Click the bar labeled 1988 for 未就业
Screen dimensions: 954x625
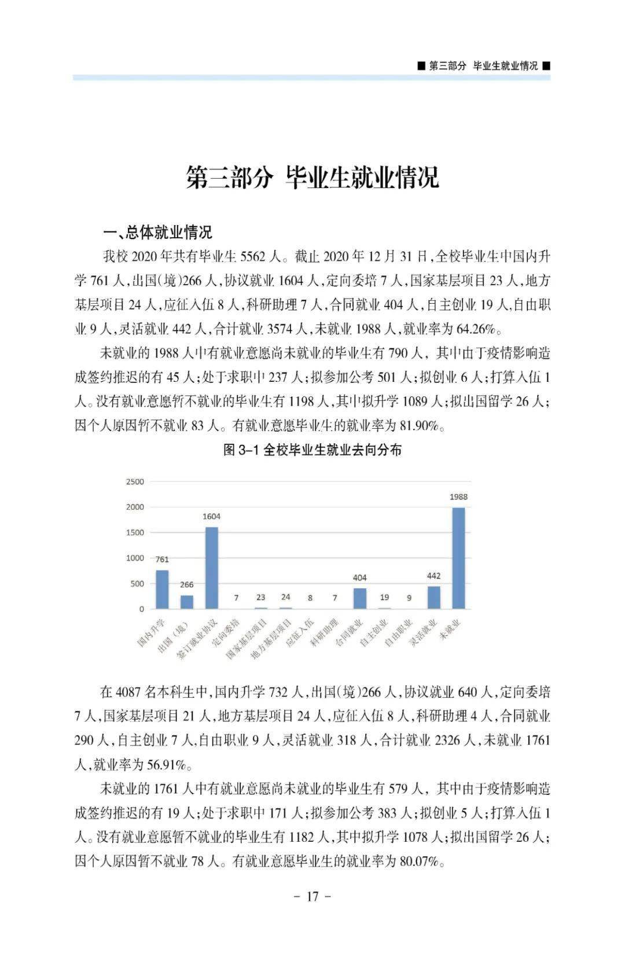tap(458, 558)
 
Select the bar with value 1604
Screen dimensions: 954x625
tap(212, 568)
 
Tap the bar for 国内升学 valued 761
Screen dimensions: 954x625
tap(162, 589)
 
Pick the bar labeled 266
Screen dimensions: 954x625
tap(187, 602)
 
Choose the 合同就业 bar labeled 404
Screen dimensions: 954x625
tap(360, 598)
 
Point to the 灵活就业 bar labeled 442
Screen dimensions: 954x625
tap(433, 597)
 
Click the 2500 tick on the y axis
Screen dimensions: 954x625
tap(135, 481)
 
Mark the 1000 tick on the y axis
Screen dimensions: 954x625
tap(135, 558)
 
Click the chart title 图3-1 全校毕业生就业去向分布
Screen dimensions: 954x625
tap(312, 450)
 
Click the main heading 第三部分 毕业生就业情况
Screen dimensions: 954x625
tap(312, 177)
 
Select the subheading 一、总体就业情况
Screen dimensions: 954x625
tap(157, 233)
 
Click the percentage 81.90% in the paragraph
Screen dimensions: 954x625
tap(419, 426)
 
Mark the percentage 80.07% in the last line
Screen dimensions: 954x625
tap(419, 861)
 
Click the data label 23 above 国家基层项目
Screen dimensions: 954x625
tap(261, 597)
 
